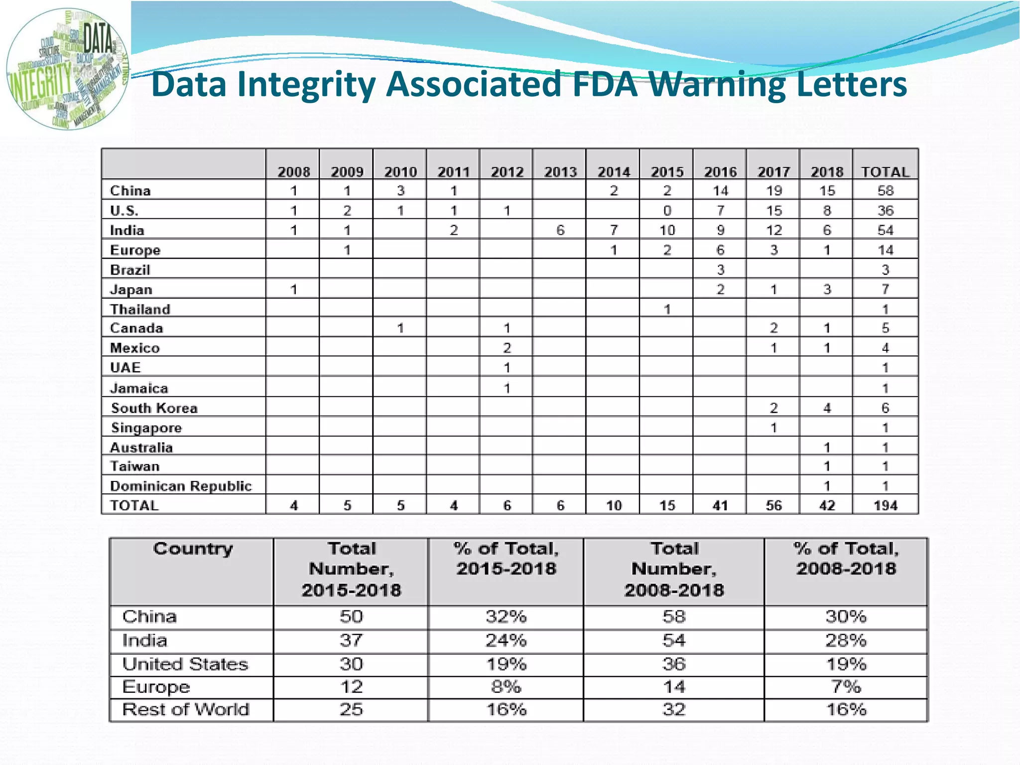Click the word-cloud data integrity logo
coord(67,69)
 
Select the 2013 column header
coord(560,172)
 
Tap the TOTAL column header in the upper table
coord(885,172)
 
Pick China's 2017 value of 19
coord(773,191)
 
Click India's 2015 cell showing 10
coord(667,230)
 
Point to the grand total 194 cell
coord(885,505)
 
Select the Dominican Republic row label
coord(181,486)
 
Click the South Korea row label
coord(154,408)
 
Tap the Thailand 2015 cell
coord(667,309)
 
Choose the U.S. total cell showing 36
coord(885,211)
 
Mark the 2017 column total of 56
coord(773,505)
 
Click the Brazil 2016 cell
coord(720,270)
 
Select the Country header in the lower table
coord(193,549)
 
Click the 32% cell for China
coord(506,616)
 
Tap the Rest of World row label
coord(186,709)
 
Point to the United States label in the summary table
coord(185,664)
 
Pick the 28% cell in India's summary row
coord(846,640)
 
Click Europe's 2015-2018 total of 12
coord(351,687)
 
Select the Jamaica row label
coord(139,388)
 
